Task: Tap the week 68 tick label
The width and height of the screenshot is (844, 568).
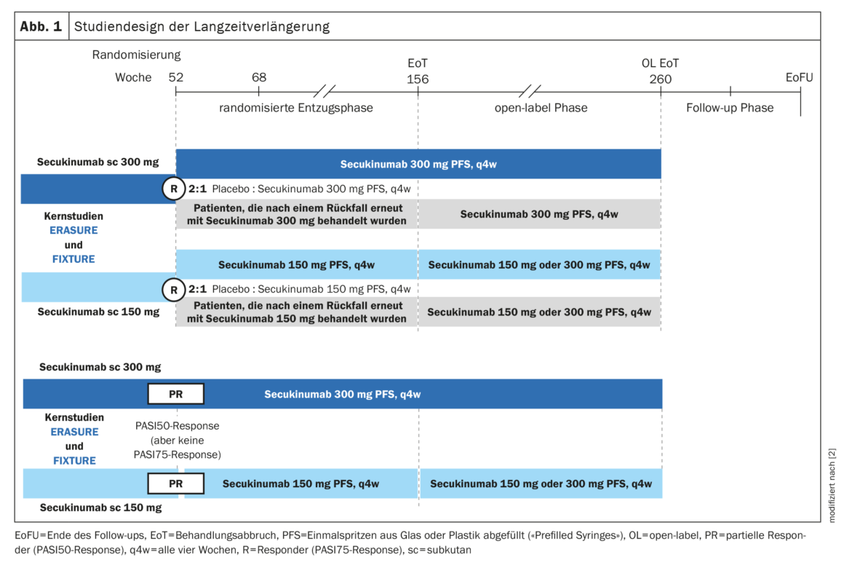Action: (x=259, y=78)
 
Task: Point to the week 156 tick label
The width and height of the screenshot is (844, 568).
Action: (x=418, y=79)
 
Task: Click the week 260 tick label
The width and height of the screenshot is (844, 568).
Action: (x=661, y=79)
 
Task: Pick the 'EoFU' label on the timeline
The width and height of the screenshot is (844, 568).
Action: (x=800, y=78)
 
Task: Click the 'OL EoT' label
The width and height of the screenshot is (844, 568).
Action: (x=660, y=63)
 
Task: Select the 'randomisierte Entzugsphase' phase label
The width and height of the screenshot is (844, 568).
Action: (x=296, y=108)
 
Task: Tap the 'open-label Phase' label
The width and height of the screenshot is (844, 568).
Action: (x=540, y=108)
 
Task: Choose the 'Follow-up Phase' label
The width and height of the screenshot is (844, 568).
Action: (x=730, y=108)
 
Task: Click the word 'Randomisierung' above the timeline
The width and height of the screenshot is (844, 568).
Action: (x=136, y=55)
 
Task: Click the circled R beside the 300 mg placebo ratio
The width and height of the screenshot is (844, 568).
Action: (x=174, y=189)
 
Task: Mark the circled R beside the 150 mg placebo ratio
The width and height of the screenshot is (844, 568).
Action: (x=174, y=290)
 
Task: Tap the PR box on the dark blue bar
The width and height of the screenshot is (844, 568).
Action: (x=175, y=394)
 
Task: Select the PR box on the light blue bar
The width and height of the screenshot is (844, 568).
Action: (x=175, y=483)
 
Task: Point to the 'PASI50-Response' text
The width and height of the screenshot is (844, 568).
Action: (x=177, y=426)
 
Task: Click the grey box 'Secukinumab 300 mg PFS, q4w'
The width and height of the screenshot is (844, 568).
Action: (x=539, y=214)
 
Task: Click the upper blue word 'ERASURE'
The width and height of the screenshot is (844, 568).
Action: (x=70, y=231)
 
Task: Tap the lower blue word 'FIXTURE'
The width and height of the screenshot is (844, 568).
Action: (x=74, y=460)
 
